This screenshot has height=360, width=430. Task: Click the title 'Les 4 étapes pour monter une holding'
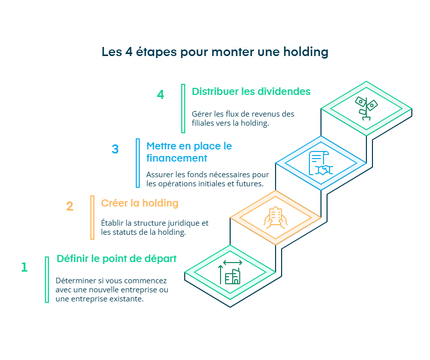coord(215,52)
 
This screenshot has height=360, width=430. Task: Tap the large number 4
coord(160,95)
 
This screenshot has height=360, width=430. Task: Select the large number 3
coord(115,149)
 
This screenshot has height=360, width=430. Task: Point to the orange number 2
coord(70,207)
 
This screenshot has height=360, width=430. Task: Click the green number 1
coord(24,267)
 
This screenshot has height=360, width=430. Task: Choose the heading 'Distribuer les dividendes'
coord(251,92)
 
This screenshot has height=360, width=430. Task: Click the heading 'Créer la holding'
coord(140,203)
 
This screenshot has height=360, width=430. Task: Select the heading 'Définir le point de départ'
coord(117,259)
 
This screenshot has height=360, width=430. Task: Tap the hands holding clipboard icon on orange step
coord(275,218)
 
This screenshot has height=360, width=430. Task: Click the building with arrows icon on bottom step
coord(230,273)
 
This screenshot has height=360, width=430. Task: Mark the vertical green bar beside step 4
coord(183,108)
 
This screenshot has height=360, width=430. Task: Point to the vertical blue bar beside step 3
coord(138,163)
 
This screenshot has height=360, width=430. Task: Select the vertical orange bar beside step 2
coord(92,218)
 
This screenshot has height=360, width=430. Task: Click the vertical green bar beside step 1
coord(47,280)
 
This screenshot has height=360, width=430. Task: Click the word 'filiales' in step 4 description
coord(203,123)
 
